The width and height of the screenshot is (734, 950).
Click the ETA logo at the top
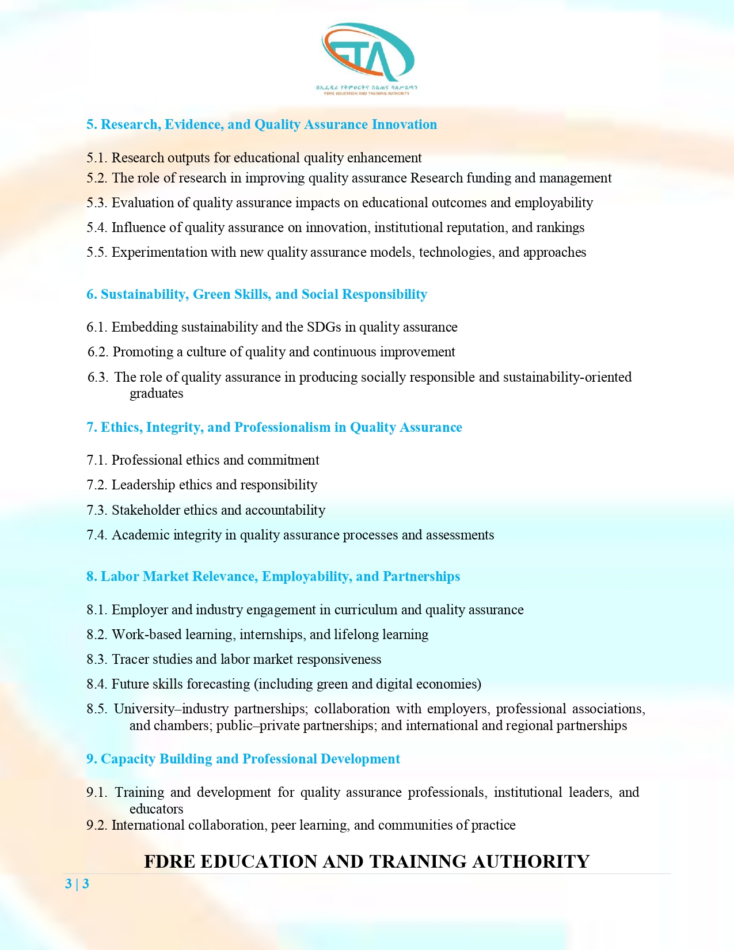coord(367,55)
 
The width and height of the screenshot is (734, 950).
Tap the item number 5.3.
coord(97,203)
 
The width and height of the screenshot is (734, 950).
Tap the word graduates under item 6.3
coord(156,393)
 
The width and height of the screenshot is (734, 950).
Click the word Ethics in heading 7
coord(121,427)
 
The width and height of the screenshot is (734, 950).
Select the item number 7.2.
coord(97,485)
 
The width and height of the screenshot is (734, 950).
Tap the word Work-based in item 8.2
coord(146,634)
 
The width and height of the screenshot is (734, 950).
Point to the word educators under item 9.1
coord(156,809)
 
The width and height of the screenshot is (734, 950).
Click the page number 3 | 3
coord(77,884)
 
